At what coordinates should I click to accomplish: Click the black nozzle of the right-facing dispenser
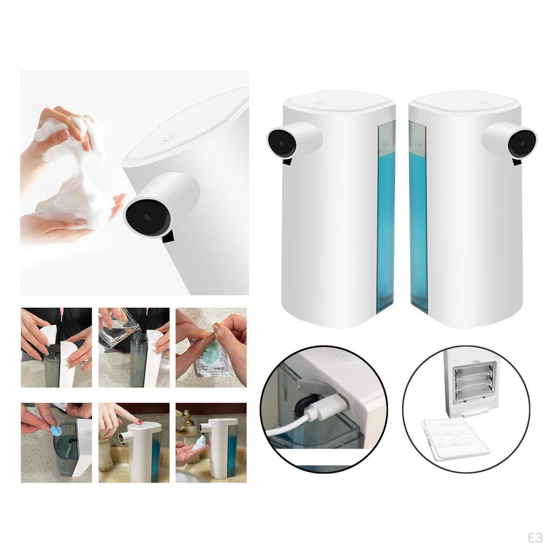click(523, 142)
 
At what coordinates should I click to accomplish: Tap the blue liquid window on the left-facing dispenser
click(386, 219)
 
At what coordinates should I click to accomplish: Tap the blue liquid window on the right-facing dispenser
click(419, 219)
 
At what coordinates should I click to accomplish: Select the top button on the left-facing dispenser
click(320, 102)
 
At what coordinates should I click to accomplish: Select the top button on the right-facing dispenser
click(484, 102)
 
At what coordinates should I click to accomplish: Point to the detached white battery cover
click(455, 438)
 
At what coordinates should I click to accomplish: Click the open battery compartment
click(474, 382)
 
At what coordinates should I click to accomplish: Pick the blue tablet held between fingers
click(56, 430)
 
